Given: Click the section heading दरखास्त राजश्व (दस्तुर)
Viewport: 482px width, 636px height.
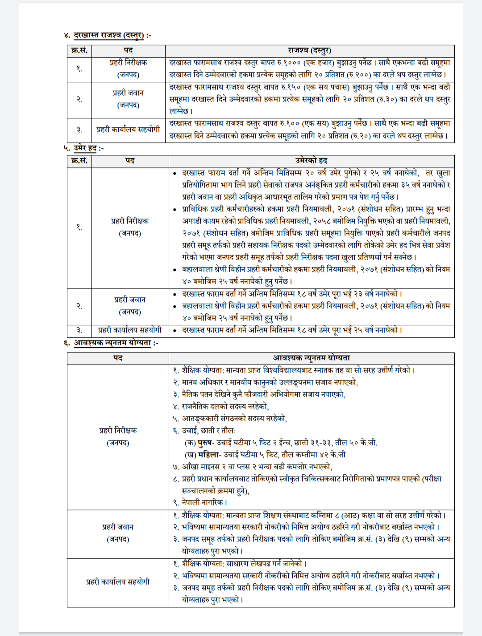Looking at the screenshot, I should point(109,35).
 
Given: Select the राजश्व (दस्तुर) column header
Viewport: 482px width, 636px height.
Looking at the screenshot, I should point(309,50).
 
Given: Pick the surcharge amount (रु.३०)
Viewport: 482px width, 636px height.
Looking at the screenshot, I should point(387,99).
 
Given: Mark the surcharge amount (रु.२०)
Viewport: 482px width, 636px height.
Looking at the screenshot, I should point(351,135).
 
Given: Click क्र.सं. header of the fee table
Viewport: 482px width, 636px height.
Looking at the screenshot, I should point(79,50).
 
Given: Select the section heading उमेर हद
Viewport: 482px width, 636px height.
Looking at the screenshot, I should point(85,148).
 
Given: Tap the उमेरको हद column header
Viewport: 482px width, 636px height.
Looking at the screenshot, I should point(311,161).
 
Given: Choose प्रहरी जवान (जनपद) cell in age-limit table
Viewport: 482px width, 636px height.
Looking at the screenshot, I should point(129,306).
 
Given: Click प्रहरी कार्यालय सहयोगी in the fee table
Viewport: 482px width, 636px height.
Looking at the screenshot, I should point(128,130).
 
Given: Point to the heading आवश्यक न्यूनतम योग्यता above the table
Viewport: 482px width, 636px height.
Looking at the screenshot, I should point(112,343).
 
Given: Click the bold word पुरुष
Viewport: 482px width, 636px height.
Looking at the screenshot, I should point(205,443).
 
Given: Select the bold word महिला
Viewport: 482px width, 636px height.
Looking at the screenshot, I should point(208,455).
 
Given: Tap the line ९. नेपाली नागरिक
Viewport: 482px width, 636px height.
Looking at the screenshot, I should point(200,502).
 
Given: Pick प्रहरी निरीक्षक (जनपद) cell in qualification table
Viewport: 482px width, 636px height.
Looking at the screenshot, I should point(118,436).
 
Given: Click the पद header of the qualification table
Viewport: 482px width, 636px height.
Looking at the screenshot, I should point(118,358).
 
